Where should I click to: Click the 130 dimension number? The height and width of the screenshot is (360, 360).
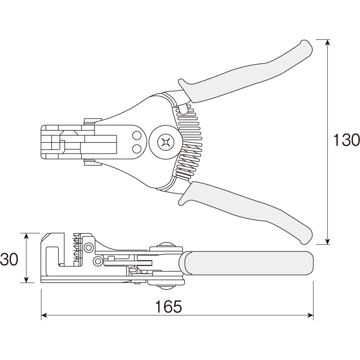[x=346, y=140]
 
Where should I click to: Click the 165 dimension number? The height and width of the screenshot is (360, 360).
[x=168, y=307]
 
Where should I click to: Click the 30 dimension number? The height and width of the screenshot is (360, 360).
[x=9, y=259]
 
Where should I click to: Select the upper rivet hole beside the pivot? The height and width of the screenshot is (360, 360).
[x=137, y=135]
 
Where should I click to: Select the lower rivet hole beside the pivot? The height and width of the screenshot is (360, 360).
[x=137, y=148]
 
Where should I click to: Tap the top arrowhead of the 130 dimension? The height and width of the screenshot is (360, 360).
[x=328, y=43]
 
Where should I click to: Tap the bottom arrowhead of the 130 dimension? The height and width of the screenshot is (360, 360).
[x=328, y=241]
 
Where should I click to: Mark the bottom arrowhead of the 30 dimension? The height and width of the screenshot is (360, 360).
[x=27, y=279]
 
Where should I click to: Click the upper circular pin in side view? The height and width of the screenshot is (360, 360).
[x=88, y=247]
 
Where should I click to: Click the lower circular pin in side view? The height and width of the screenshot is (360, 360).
[x=97, y=260]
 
